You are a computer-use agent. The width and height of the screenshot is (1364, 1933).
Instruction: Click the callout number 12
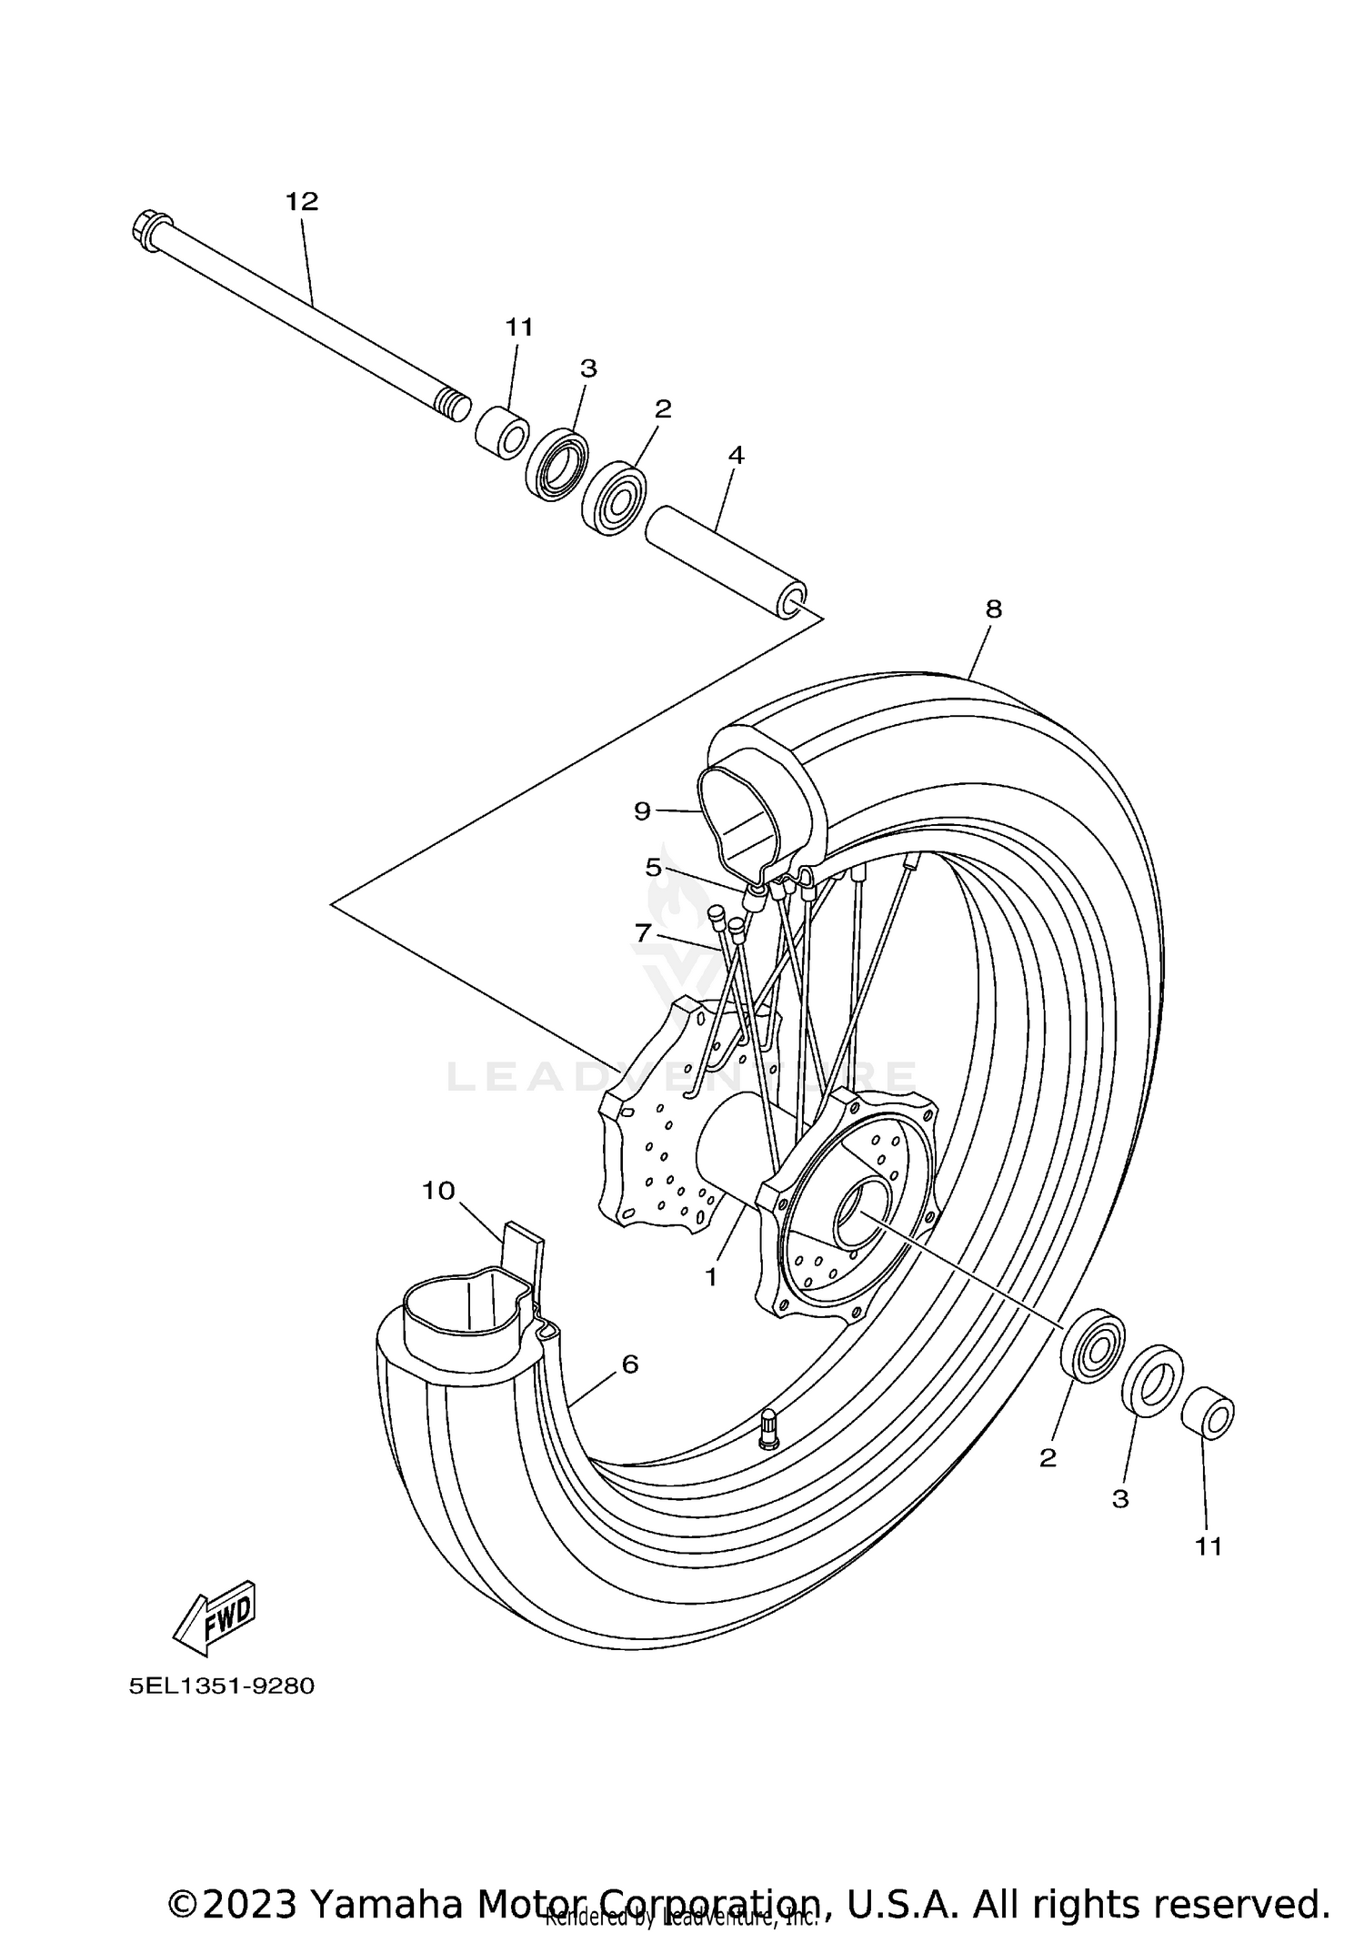(302, 201)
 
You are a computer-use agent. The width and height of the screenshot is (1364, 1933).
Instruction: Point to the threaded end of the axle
(454, 401)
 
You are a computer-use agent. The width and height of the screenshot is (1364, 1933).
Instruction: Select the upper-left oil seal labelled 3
(557, 464)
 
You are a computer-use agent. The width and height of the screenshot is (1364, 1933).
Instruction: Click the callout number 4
(737, 454)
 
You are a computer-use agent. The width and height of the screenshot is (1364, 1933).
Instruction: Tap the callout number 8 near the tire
(993, 609)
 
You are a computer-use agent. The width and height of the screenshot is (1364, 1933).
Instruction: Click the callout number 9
(643, 810)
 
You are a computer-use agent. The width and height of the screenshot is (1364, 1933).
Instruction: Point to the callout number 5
(654, 867)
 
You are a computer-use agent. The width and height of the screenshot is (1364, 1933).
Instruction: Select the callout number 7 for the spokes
(643, 932)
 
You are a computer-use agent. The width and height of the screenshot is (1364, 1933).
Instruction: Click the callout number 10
(438, 1190)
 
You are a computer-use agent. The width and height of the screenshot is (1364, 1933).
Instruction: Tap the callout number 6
(630, 1389)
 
